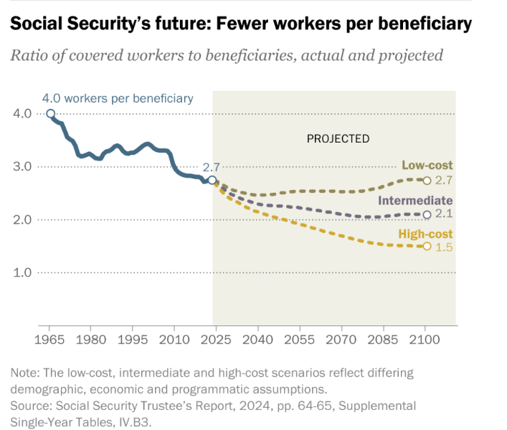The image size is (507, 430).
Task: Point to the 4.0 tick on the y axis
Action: coord(22,113)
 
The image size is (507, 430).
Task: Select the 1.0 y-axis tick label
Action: coord(22,272)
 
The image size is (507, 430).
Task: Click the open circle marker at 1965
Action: coord(50,113)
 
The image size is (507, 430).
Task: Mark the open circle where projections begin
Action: coord(212,181)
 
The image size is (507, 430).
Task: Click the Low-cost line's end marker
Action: coord(427,181)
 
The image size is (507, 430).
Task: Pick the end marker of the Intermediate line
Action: coord(427,214)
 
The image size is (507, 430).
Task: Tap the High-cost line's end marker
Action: coord(427,246)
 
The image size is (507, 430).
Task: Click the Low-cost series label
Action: coord(427,166)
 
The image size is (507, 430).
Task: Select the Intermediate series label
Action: coord(415,201)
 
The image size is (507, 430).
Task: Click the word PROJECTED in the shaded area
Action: coord(338,138)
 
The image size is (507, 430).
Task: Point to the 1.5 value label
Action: coord(445,247)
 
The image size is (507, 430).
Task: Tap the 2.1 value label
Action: coord(445,214)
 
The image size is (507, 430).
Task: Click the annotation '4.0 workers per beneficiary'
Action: coord(117,98)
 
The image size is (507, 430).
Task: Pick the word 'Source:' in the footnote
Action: coord(31,406)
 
